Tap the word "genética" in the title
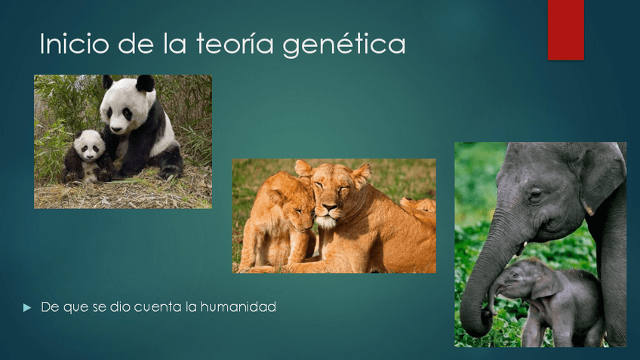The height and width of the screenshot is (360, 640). [344, 45]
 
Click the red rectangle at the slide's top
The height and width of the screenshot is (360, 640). [565, 29]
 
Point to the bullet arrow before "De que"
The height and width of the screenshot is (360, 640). [28, 307]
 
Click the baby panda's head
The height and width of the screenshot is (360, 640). [90, 143]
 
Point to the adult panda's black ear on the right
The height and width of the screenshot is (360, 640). [145, 82]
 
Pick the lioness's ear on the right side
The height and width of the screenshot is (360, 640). [362, 175]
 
